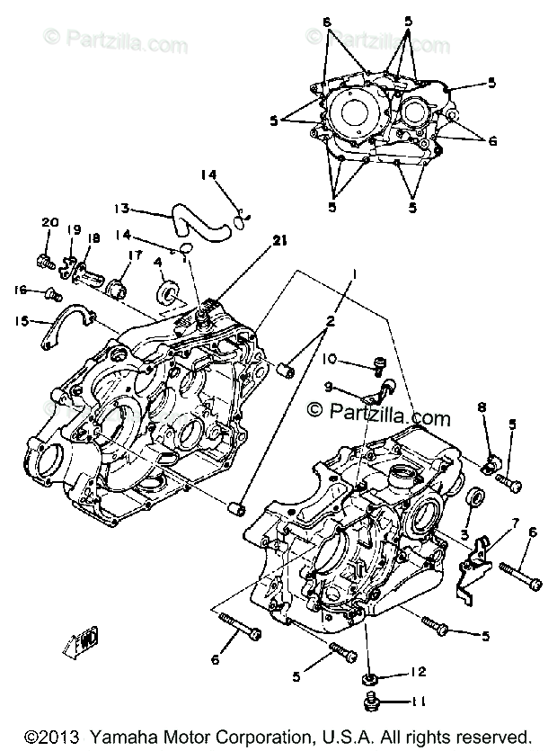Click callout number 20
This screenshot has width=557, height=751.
tap(49, 223)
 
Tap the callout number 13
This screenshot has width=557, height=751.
tap(122, 209)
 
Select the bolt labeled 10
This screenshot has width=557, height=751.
tap(378, 364)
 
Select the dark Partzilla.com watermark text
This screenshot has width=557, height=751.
tap(378, 416)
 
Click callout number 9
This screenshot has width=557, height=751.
tap(329, 387)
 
